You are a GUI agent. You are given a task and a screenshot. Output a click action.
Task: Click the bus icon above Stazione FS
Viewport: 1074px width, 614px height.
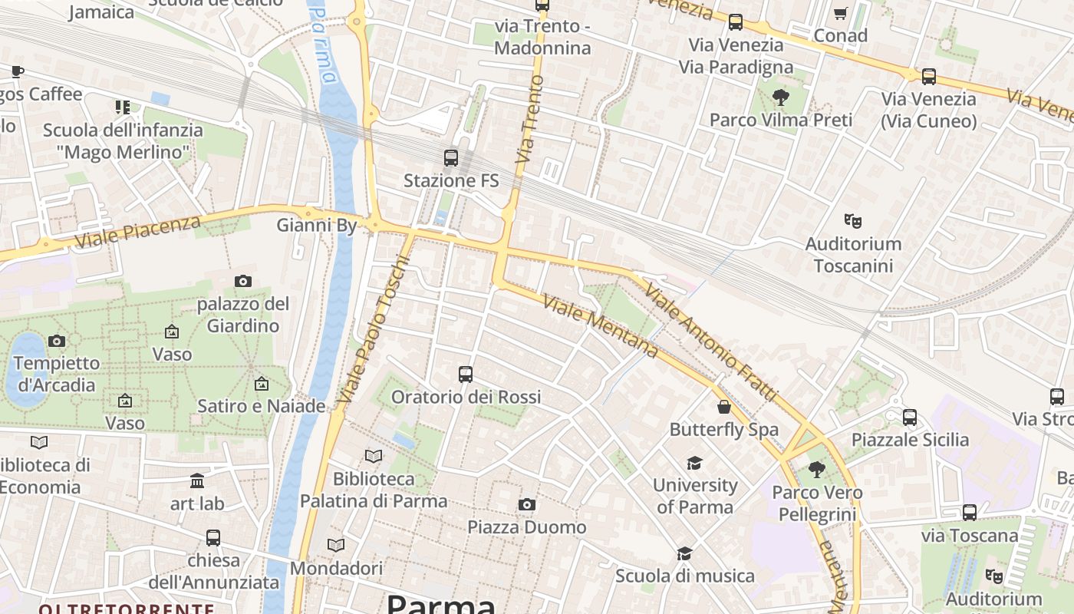click(451, 158)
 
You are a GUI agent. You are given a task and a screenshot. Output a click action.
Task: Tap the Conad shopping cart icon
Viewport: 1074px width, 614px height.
click(840, 14)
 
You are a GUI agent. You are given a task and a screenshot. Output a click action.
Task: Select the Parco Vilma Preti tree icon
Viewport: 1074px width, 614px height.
click(781, 97)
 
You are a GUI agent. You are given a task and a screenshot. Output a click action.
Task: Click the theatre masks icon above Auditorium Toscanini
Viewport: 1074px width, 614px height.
click(852, 221)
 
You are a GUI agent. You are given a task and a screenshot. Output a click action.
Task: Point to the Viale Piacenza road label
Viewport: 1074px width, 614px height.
click(139, 232)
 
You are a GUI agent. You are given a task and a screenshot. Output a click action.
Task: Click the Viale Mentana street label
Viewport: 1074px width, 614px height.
click(600, 325)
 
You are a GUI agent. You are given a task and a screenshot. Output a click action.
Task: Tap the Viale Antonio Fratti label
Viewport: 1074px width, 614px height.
click(710, 342)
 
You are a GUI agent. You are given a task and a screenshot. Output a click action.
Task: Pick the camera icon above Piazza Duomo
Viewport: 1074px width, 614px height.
click(526, 504)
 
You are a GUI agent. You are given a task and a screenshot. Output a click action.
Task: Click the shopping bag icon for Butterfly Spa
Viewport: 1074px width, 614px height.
click(723, 407)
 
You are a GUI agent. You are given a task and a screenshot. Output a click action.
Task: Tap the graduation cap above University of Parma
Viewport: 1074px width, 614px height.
click(694, 463)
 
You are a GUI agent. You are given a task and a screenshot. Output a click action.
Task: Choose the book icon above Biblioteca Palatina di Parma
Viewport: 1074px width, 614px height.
click(374, 456)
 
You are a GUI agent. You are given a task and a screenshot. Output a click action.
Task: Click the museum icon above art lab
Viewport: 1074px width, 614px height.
click(197, 480)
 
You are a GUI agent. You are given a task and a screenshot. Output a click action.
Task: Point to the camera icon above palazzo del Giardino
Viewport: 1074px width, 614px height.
click(243, 282)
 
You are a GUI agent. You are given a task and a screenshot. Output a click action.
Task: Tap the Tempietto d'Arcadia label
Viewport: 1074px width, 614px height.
click(57, 374)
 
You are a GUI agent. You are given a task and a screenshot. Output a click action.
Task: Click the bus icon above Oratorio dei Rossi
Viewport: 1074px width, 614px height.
click(466, 375)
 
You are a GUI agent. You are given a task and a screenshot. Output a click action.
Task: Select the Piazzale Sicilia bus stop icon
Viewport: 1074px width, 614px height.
click(910, 418)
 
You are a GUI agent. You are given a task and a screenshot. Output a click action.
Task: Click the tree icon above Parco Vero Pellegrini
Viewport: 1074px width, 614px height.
click(816, 470)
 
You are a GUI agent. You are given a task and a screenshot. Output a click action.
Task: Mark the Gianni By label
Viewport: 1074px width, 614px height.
click(317, 226)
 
